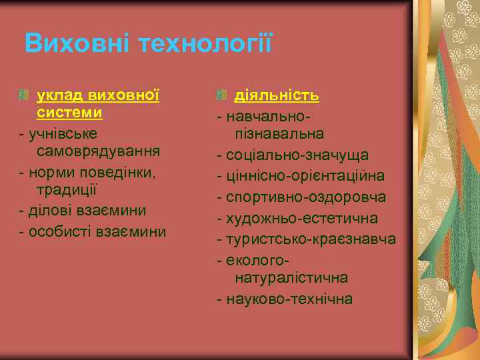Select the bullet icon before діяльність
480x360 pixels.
[221, 96]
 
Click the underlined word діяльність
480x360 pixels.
[276, 95]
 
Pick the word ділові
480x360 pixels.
[51, 211]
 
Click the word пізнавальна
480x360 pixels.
[279, 134]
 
